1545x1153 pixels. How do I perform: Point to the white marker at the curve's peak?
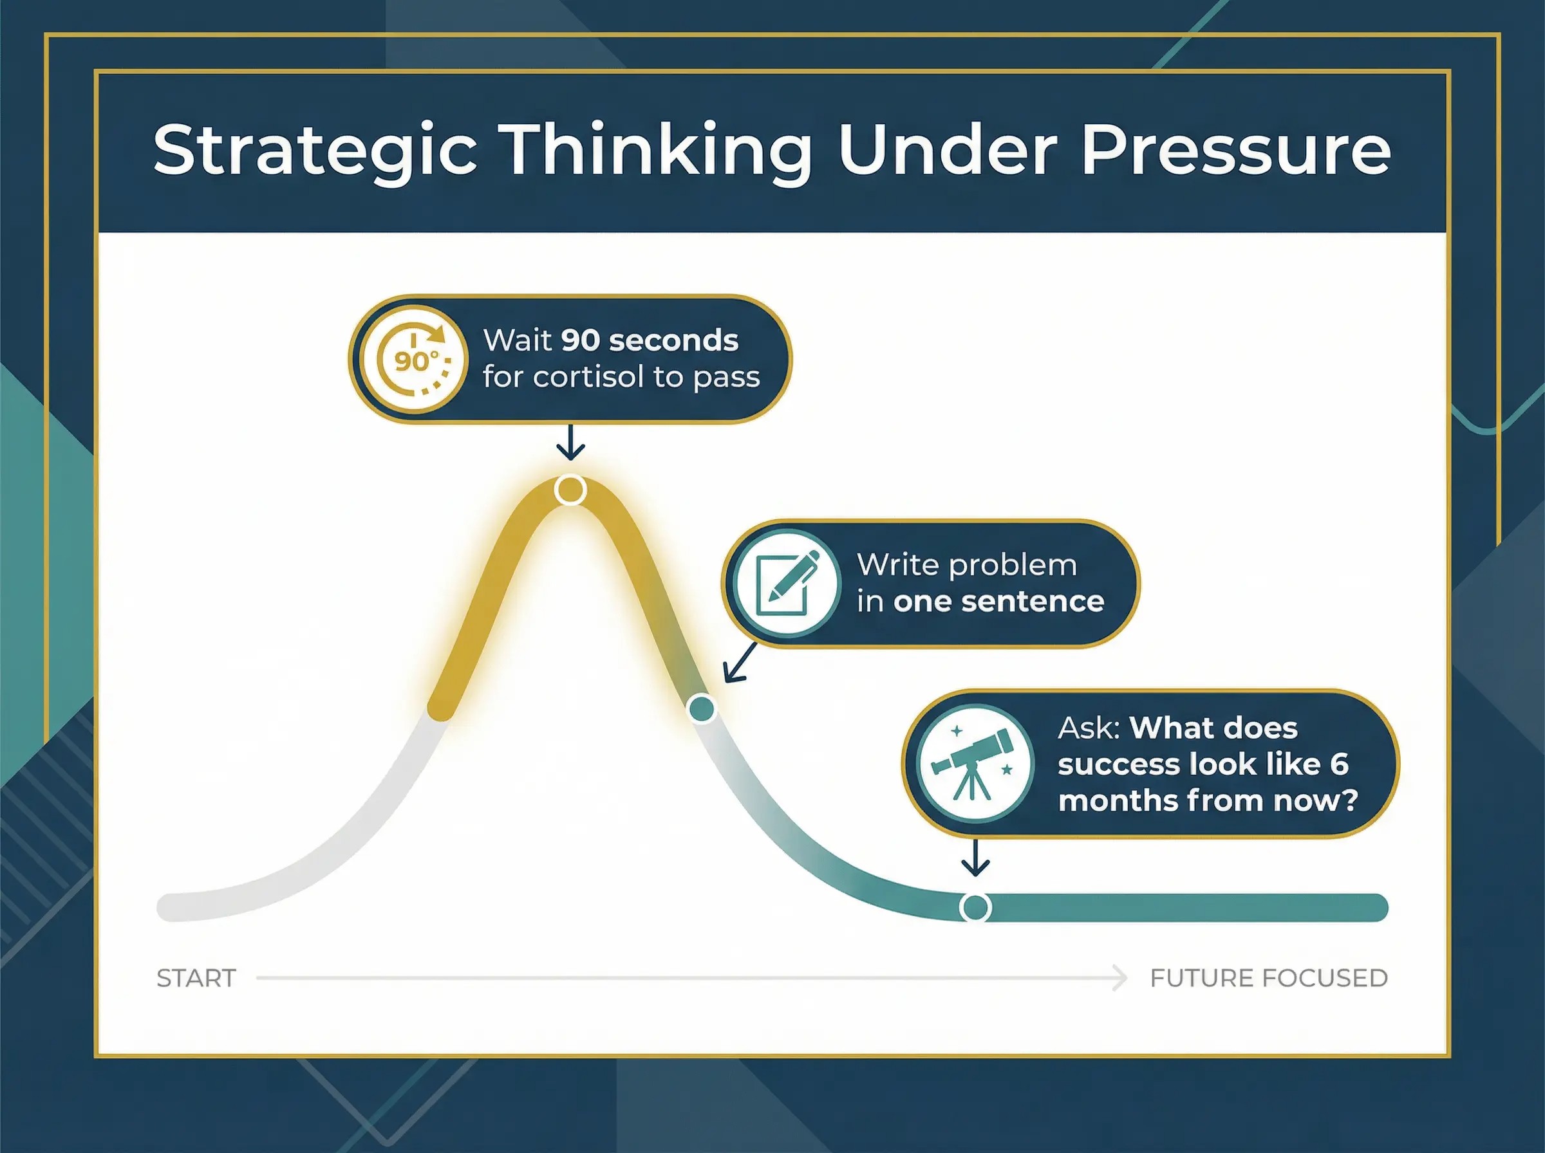click(x=570, y=490)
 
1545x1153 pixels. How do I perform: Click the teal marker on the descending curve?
click(x=702, y=708)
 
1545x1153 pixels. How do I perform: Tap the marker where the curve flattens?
click(x=975, y=907)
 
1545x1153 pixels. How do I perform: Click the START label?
click(x=196, y=979)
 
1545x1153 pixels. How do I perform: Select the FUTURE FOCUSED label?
click(x=1269, y=979)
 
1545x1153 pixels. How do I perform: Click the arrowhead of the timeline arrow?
click(x=1119, y=979)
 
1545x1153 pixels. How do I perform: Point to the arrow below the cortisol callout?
click(x=570, y=442)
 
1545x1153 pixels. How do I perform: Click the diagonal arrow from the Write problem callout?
click(x=740, y=661)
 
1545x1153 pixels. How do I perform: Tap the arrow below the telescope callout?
click(x=975, y=857)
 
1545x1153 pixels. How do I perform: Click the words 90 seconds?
click(x=650, y=340)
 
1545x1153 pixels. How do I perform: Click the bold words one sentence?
click(x=998, y=602)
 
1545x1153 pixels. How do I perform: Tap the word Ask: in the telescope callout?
click(x=1089, y=728)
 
